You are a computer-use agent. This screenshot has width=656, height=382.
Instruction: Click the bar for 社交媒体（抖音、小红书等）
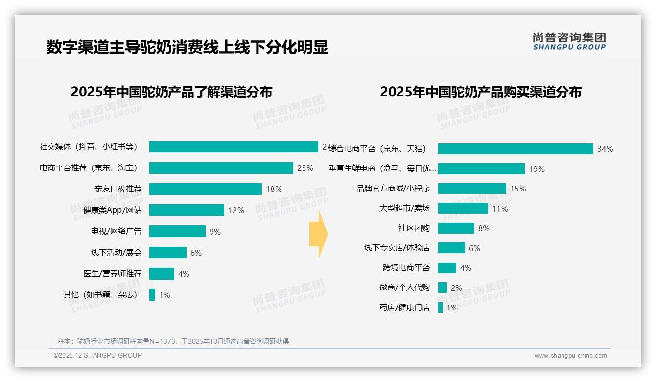point(234,147)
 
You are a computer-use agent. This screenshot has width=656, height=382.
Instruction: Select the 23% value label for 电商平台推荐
point(305,168)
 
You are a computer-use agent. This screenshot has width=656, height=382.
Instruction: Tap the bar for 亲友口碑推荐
point(205,189)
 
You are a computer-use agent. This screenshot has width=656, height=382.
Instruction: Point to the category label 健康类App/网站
point(112,210)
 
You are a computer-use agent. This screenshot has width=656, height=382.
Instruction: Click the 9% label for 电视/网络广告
point(215,232)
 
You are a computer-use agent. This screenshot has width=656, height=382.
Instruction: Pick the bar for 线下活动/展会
point(167,253)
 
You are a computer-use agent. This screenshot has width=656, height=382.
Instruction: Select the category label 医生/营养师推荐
point(112,274)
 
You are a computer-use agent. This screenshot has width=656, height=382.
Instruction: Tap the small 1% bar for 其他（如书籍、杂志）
point(152,295)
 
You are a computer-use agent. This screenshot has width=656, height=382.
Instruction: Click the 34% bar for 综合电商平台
point(515,149)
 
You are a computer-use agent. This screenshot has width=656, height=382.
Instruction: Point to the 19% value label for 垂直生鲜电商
point(537,169)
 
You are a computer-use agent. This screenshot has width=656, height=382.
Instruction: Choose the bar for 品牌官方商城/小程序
point(472,189)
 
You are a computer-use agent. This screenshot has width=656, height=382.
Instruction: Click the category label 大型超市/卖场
point(404,208)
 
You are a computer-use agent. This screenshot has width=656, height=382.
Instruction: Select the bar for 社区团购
point(456,228)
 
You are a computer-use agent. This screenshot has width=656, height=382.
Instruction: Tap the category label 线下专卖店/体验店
point(397,248)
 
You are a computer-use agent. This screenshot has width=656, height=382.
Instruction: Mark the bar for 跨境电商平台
point(447,268)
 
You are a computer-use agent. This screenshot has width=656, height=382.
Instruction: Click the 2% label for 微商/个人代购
point(456,288)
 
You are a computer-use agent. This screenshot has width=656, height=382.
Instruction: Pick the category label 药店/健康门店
point(404,308)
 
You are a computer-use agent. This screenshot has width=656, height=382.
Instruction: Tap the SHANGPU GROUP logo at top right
point(569,41)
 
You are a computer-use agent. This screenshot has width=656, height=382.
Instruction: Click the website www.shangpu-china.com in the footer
point(570,356)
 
